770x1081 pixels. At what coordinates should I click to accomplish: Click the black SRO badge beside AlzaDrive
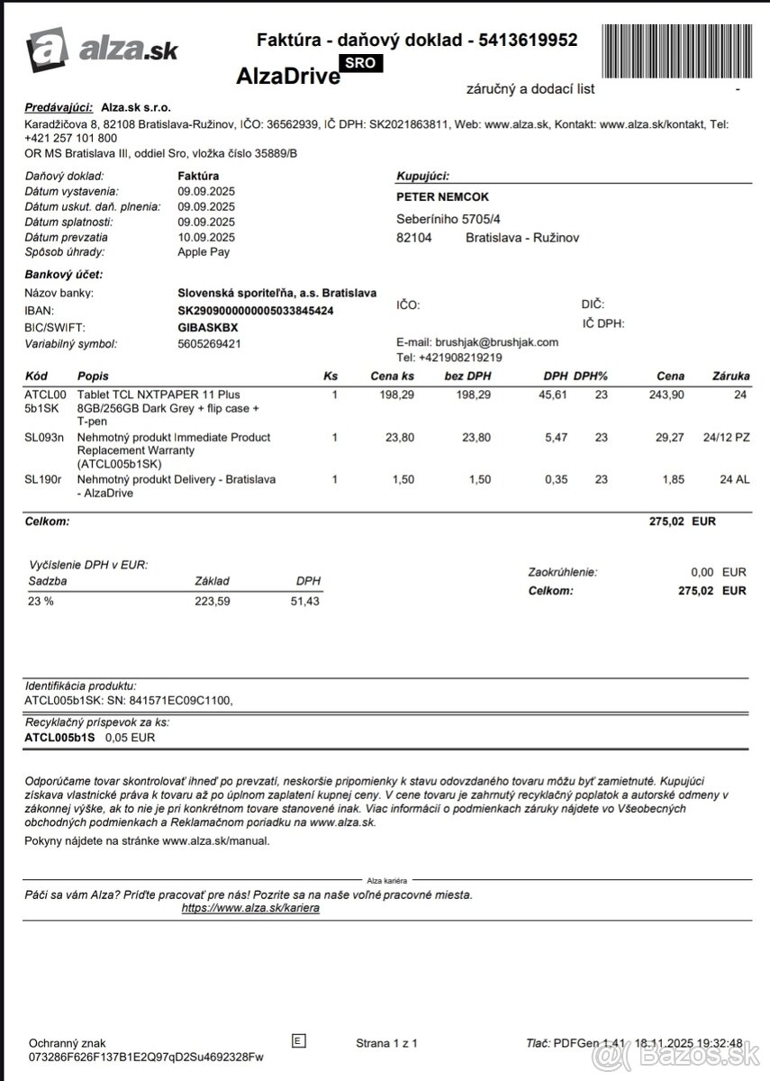[x=360, y=62]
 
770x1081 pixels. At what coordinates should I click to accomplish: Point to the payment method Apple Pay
[x=204, y=252]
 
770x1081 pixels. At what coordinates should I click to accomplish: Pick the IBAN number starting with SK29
[x=256, y=310]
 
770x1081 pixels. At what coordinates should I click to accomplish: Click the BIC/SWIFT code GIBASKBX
[x=209, y=326]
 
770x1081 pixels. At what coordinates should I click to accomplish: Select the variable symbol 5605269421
[x=209, y=343]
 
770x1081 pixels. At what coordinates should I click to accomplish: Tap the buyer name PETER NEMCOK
[x=443, y=197]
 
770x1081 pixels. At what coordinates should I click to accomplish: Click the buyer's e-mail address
[x=497, y=342]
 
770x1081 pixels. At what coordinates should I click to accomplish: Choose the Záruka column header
[x=730, y=377]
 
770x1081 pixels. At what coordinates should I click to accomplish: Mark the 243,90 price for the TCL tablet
[x=666, y=395]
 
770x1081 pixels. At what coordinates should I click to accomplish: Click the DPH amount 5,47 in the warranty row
[x=556, y=437]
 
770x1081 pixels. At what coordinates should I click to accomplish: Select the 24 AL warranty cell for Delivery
[x=732, y=479]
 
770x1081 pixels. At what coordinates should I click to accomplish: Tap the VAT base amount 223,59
[x=213, y=601]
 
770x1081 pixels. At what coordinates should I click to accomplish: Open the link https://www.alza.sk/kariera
[x=250, y=909]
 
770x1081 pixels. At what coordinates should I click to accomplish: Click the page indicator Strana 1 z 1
[x=386, y=1043]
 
